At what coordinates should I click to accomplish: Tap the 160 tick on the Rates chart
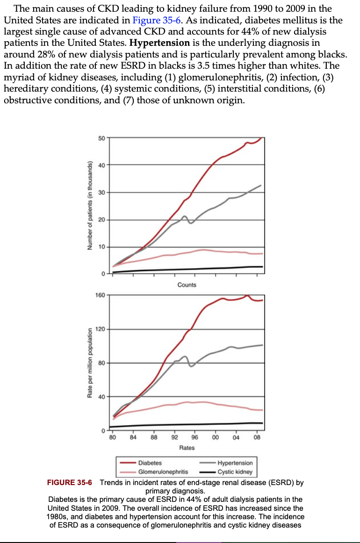[x=100, y=295]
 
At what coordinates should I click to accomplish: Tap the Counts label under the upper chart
[x=187, y=285]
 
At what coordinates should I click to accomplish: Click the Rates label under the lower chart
[x=187, y=448]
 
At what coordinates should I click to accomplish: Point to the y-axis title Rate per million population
[x=88, y=363]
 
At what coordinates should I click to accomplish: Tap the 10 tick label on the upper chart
[x=101, y=247]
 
